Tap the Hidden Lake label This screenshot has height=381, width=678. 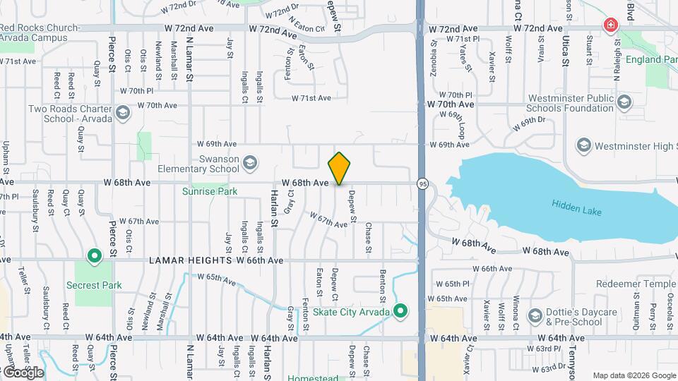575,205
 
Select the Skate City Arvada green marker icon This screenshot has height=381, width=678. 401,311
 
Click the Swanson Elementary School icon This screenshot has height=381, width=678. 249,164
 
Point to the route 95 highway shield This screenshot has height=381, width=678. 422,183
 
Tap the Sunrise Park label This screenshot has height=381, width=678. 209,191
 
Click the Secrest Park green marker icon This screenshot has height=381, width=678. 93,255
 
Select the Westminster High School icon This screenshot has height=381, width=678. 583,146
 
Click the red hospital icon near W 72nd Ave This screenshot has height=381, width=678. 609,26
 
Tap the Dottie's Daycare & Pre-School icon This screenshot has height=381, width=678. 535,314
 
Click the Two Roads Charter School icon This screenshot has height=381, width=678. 123,113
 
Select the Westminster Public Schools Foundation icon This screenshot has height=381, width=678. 624,103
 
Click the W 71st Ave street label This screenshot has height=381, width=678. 311,98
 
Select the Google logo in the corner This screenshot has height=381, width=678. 23,372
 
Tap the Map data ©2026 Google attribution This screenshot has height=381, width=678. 634,375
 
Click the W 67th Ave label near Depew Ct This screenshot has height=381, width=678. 328,220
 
